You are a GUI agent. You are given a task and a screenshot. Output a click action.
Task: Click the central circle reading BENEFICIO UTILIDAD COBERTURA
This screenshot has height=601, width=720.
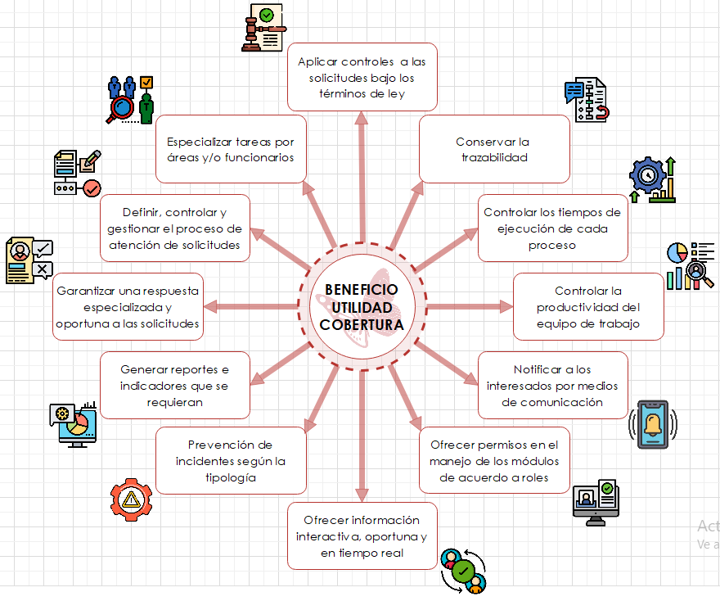[362, 306]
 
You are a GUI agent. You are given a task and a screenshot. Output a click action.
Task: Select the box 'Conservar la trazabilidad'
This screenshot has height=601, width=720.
[493, 149]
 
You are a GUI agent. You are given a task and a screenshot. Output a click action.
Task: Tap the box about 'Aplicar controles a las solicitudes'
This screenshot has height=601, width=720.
[362, 77]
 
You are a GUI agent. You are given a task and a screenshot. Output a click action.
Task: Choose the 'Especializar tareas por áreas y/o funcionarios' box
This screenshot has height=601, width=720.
[231, 149]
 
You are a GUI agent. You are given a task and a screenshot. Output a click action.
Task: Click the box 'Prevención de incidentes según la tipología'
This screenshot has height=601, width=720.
[231, 460]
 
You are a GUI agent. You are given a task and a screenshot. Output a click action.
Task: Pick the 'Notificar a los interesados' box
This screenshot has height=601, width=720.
[552, 385]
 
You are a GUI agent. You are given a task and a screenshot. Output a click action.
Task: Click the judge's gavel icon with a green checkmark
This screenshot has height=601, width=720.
[263, 27]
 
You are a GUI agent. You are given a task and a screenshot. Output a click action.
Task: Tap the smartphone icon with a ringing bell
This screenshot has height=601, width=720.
[653, 425]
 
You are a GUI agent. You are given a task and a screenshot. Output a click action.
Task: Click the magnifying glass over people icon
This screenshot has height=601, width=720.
[131, 99]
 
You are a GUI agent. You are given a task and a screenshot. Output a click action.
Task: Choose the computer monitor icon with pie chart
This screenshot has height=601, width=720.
[74, 424]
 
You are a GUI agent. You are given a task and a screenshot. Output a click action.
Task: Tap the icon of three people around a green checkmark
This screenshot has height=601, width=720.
[462, 571]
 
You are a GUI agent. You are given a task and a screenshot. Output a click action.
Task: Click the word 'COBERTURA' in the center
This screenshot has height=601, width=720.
[362, 324]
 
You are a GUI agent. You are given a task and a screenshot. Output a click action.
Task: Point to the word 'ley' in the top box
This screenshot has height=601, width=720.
[396, 93]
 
